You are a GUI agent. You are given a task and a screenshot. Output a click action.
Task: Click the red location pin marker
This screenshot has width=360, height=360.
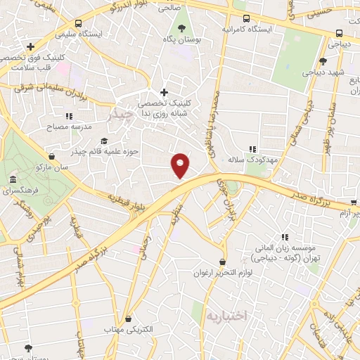[x=181, y=164]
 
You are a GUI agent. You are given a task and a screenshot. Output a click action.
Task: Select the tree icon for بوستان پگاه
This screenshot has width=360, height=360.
[x=182, y=28]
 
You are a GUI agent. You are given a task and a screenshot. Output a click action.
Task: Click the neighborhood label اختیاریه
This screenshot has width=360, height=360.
[x=227, y=316]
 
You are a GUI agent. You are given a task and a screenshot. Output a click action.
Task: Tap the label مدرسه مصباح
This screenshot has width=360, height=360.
[x=50, y=128]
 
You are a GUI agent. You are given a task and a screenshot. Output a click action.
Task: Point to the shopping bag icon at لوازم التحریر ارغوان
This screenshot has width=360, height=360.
[x=222, y=260]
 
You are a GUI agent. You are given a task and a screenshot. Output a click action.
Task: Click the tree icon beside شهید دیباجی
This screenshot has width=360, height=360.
[x=323, y=61]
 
